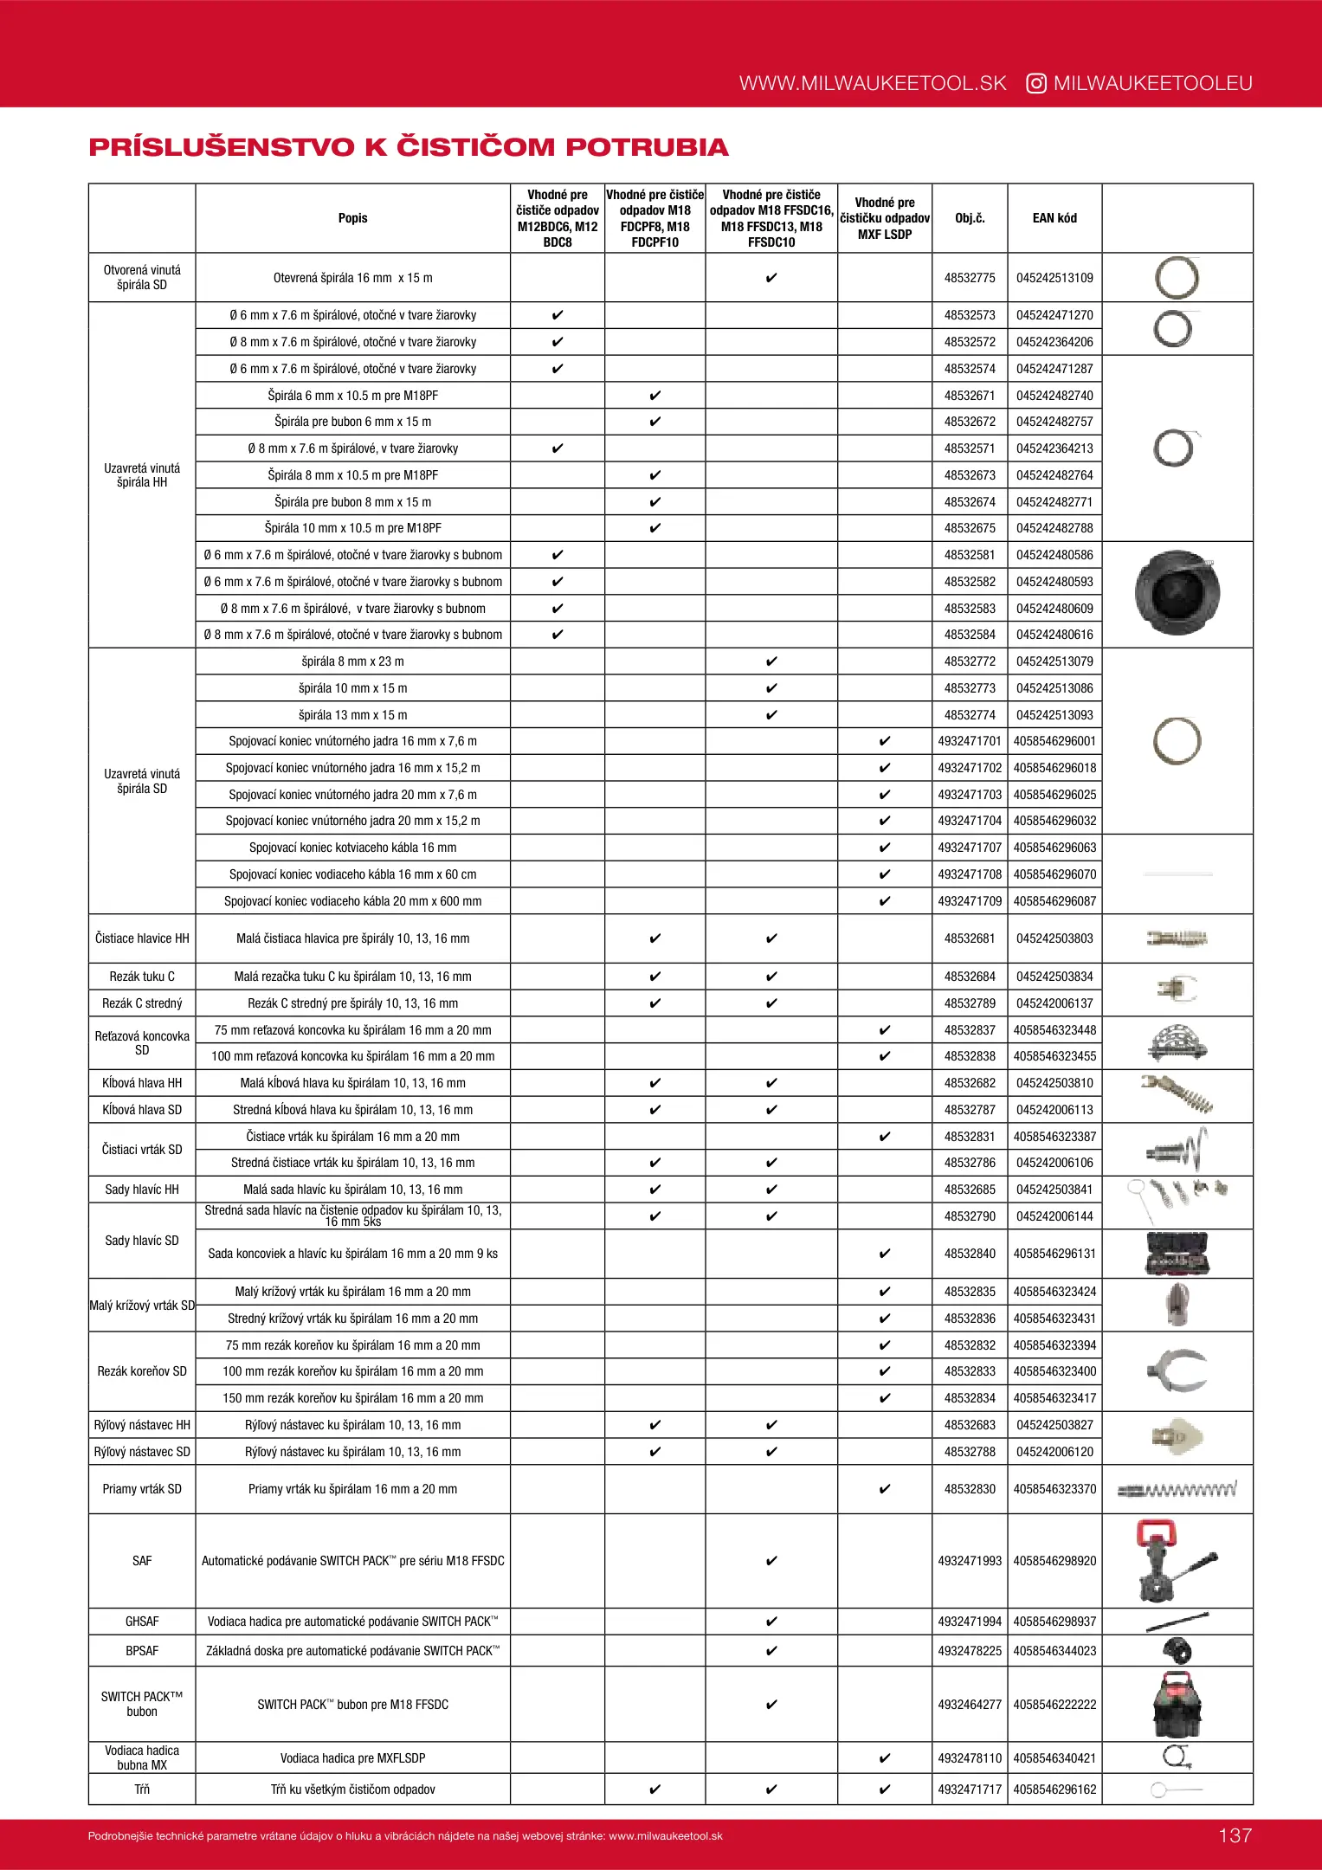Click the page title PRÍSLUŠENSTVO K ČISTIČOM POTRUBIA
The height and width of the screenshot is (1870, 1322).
point(409,147)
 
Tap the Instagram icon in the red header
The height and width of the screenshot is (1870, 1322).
point(1035,84)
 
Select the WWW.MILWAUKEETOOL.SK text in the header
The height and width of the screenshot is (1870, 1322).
point(873,84)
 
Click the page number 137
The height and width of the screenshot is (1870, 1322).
point(1235,1835)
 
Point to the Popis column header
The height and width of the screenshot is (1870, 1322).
point(352,218)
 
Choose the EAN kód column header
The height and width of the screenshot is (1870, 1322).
point(1054,218)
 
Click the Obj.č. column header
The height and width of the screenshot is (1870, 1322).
point(970,218)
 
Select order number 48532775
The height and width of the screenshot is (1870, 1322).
point(970,278)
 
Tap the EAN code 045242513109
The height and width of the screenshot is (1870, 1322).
point(1054,278)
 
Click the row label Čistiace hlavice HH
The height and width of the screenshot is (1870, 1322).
point(142,938)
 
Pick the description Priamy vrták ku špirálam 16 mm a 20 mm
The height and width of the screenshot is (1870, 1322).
point(352,1489)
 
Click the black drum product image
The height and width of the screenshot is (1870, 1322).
point(1177,594)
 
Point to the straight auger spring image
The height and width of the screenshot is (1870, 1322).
point(1177,1490)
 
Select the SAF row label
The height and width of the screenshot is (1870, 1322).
point(142,1561)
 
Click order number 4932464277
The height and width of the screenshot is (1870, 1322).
point(970,1705)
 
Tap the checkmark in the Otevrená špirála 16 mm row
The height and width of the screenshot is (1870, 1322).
point(771,278)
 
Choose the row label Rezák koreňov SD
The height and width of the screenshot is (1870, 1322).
point(142,1371)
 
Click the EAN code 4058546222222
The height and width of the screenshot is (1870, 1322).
point(1054,1705)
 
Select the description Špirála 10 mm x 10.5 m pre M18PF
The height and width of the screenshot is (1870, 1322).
point(352,528)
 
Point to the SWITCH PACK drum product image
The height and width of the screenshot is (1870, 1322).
point(1177,1705)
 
